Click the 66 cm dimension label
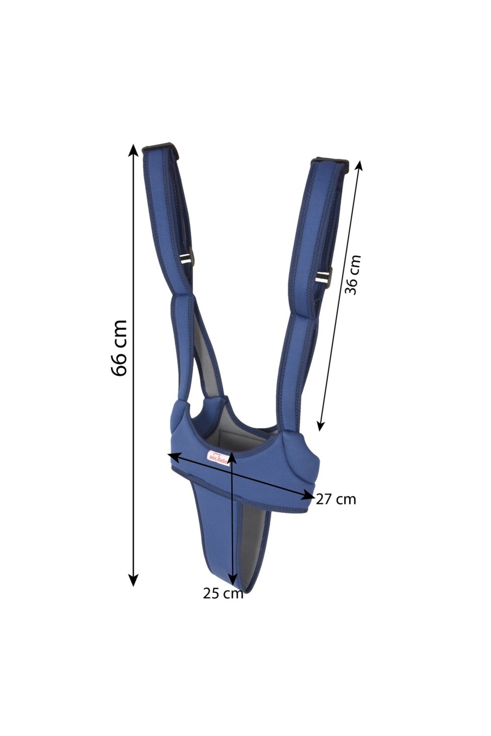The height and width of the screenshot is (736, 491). click(x=119, y=348)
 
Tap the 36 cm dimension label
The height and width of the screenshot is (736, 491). click(x=352, y=274)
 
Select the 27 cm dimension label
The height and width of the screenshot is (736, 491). click(x=336, y=499)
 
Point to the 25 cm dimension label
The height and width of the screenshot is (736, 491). click(x=223, y=593)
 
